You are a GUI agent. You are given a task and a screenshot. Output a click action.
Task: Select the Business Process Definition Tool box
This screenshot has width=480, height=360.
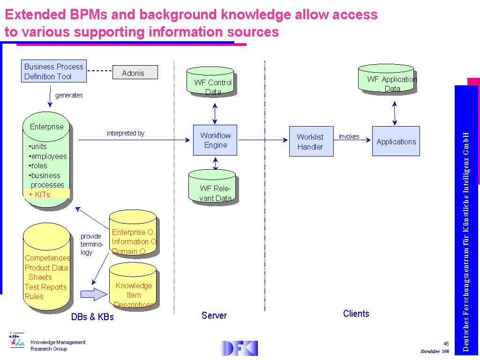click(x=53, y=71)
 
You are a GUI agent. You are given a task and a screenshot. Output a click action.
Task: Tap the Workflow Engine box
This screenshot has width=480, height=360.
click(x=215, y=140)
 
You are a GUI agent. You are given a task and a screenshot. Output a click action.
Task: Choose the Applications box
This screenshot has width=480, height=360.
click(x=396, y=141)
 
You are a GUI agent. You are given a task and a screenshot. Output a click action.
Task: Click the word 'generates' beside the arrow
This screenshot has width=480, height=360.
click(x=69, y=96)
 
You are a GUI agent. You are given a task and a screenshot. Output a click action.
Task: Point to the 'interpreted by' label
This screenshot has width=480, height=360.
click(x=126, y=134)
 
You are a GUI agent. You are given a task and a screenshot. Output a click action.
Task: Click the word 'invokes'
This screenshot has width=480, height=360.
click(x=349, y=137)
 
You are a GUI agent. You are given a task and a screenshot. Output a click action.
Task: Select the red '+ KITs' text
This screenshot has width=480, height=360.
click(x=40, y=195)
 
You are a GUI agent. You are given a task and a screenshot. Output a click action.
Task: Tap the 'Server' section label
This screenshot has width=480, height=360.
click(x=214, y=315)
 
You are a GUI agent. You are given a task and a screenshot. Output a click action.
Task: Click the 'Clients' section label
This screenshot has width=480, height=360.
click(x=356, y=314)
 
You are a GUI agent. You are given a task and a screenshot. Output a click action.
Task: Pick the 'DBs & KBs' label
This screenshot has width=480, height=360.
click(x=92, y=317)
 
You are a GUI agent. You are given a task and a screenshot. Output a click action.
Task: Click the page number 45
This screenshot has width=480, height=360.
click(x=446, y=343)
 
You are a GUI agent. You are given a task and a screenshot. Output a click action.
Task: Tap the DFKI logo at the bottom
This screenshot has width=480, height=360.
click(x=239, y=348)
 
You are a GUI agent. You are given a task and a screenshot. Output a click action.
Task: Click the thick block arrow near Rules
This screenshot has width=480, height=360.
click(x=94, y=294)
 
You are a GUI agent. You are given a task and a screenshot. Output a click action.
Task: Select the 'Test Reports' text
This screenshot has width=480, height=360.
click(x=46, y=287)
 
